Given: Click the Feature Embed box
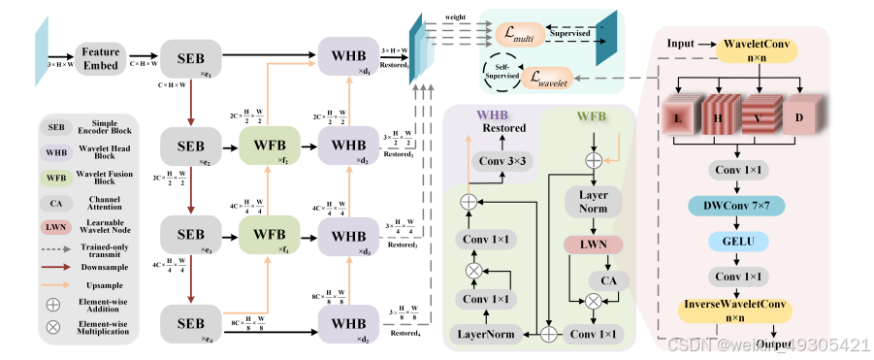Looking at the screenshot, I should [x=100, y=58].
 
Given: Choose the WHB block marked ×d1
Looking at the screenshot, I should [x=348, y=58].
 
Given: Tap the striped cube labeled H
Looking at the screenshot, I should [x=720, y=120].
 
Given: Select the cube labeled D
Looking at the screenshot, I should [x=798, y=120].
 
